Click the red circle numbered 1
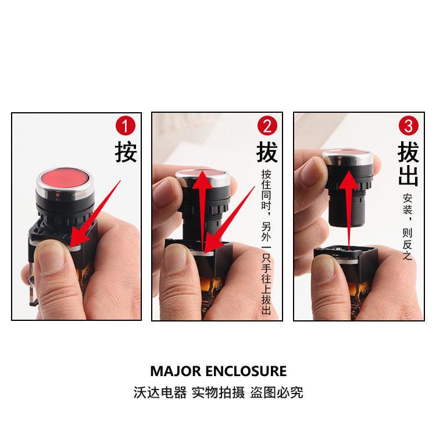(126, 126)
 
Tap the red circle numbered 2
(267, 126)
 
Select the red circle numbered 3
(409, 126)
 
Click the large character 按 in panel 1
(126, 152)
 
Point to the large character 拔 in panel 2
(267, 152)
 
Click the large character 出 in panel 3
(408, 176)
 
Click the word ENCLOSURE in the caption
(246, 371)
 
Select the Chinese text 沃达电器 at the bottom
(160, 392)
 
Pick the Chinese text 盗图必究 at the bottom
(276, 392)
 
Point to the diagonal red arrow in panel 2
(230, 220)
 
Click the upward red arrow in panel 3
(349, 210)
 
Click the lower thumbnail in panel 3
(326, 267)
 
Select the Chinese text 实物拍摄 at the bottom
(218, 392)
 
